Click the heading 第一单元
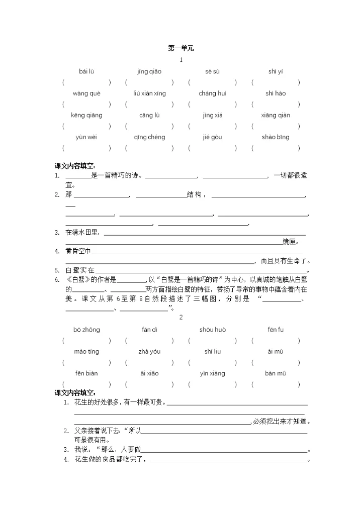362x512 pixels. (180, 48)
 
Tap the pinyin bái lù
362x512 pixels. (86, 71)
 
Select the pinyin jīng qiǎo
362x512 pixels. (149, 71)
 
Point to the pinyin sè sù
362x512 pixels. (212, 71)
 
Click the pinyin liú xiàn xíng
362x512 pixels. (149, 93)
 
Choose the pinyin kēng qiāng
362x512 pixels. (86, 115)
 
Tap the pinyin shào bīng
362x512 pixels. (276, 137)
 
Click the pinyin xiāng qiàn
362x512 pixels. (276, 115)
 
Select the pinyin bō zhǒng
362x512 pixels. (86, 330)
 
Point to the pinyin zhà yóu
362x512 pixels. (149, 351)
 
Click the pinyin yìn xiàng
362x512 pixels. (212, 373)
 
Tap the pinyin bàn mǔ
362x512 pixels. (276, 373)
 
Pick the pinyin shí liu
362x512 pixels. (212, 351)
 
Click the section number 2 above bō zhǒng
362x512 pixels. (181, 317)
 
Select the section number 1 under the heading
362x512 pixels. (181, 60)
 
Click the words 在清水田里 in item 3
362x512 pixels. (83, 232)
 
